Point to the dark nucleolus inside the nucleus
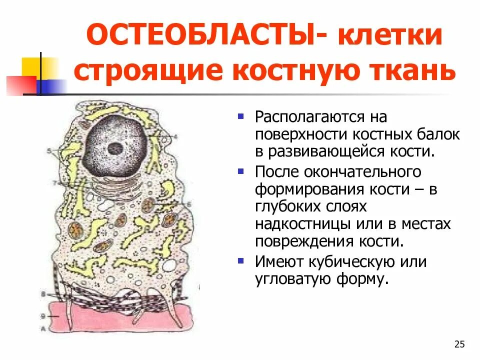coord(116,147)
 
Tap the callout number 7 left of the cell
coord(54,183)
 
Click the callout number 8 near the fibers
coord(44,294)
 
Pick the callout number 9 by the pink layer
coord(44,316)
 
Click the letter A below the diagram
coord(44,328)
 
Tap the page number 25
coord(459,344)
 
